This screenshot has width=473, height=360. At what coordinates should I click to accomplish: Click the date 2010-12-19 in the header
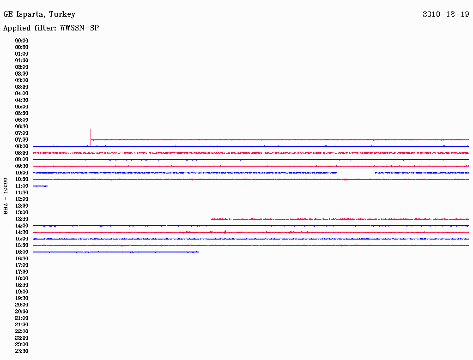pyautogui.click(x=446, y=14)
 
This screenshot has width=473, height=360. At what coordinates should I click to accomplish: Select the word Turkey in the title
pyautogui.click(x=62, y=14)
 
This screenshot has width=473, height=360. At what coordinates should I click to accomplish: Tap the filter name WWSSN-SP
pyautogui.click(x=79, y=28)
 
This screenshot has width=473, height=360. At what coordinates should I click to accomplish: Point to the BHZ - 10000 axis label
pyautogui.click(x=6, y=196)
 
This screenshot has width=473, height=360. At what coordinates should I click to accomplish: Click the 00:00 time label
pyautogui.click(x=22, y=41)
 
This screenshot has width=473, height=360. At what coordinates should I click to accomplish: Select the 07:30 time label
pyautogui.click(x=22, y=140)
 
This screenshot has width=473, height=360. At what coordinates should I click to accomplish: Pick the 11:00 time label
pyautogui.click(x=22, y=186)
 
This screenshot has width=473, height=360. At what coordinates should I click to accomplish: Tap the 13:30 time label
pyautogui.click(x=22, y=219)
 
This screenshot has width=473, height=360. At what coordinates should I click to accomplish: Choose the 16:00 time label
pyautogui.click(x=22, y=252)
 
